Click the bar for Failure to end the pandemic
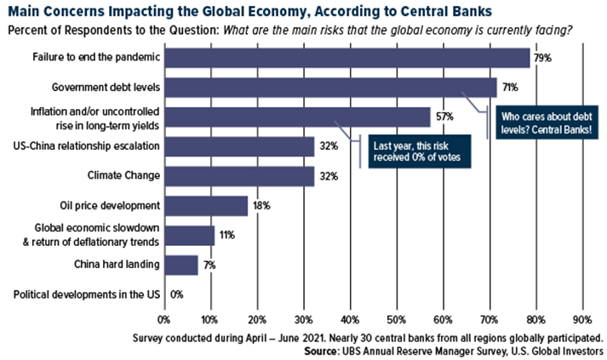click(346, 57)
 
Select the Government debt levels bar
click(329, 87)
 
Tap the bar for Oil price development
click(205, 206)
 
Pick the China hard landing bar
click(180, 265)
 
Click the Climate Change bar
click(238, 176)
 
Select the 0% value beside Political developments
click(177, 294)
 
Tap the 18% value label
click(260, 206)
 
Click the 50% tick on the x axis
click(396, 321)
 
